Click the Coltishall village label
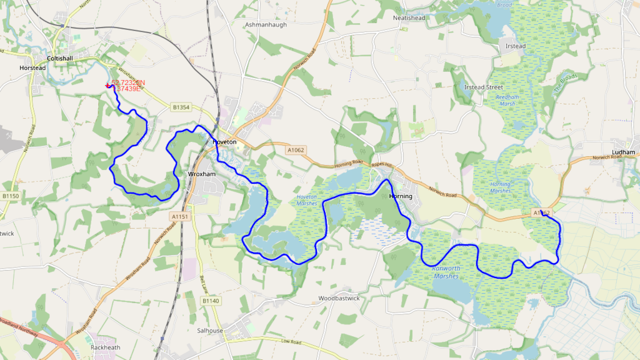click(72, 58)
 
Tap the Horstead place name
click(32, 67)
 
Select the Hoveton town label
click(224, 142)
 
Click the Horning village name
click(401, 196)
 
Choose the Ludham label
click(624, 152)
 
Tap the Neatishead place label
click(409, 18)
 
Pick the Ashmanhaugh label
click(265, 24)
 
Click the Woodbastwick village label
click(339, 298)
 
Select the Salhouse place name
click(210, 331)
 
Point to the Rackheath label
click(105, 347)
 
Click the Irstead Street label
click(484, 87)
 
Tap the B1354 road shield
click(180, 107)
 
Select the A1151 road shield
click(179, 216)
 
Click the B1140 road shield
click(211, 301)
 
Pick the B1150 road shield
click(10, 196)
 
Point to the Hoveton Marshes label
click(306, 200)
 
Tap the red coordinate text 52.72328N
click(128, 82)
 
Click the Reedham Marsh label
click(507, 101)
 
